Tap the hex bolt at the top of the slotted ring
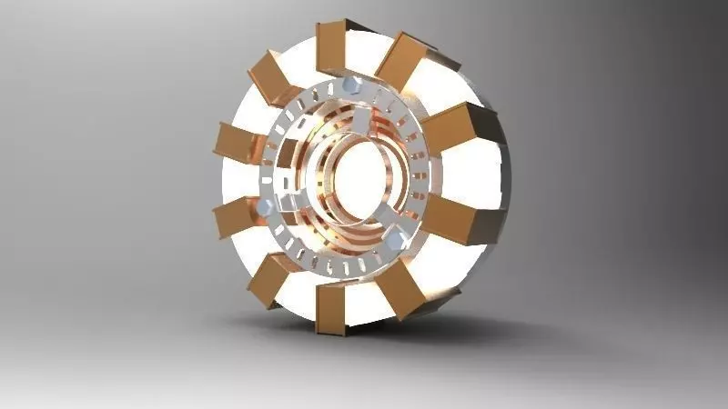point(350,87)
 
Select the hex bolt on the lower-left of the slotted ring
point(263,208)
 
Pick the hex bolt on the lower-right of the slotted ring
point(396,241)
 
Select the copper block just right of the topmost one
point(401,60)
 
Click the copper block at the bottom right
point(401,292)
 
